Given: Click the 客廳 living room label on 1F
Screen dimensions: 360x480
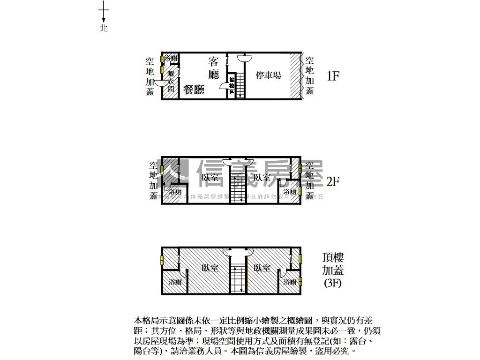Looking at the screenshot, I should (x=214, y=67).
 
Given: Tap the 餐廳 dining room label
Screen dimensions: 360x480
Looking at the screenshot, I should (x=194, y=90).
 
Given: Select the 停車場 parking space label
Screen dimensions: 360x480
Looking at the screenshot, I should (x=268, y=75).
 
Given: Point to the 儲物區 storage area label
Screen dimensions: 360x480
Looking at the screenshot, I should (x=232, y=85).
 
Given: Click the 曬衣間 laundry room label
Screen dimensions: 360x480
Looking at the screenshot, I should (x=171, y=81).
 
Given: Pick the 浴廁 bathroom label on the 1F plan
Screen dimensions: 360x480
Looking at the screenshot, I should (x=171, y=59).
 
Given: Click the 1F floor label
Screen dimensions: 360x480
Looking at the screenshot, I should (x=332, y=76).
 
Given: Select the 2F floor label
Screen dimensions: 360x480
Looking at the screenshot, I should (x=332, y=181).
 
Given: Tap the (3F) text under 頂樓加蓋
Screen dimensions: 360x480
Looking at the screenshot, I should (x=333, y=283).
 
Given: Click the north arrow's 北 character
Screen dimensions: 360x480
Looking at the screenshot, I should (x=104, y=28).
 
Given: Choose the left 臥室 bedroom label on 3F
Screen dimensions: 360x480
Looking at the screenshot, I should (x=210, y=268).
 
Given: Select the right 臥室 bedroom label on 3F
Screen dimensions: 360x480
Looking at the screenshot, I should (x=262, y=268).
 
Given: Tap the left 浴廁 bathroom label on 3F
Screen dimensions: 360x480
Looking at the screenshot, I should (x=175, y=282).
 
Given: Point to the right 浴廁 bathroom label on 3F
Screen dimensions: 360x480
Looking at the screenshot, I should (x=290, y=282).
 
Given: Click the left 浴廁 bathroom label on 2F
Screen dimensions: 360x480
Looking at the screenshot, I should (x=175, y=192).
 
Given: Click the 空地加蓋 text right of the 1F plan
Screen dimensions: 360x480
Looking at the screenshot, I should (x=309, y=76).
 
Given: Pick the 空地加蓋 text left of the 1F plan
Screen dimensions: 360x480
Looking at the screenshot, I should (x=150, y=76).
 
